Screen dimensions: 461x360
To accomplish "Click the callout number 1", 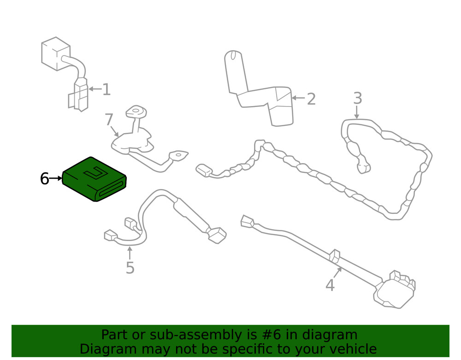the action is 106,89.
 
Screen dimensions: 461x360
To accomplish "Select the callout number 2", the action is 311,99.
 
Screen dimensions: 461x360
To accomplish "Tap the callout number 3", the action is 358,98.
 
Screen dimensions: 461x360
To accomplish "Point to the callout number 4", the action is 330,285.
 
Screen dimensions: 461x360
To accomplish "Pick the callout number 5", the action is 130,268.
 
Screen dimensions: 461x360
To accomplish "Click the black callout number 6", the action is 44,179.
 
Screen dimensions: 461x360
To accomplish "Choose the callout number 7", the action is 109,119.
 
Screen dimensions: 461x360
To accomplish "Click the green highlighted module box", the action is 95,179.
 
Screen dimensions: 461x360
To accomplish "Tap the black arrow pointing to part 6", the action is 56,178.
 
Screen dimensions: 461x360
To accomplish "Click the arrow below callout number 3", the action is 357,112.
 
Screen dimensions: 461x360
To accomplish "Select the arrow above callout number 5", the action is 130,254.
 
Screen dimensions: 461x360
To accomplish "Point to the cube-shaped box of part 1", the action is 56,54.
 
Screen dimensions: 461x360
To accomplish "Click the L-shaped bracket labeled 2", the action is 259,88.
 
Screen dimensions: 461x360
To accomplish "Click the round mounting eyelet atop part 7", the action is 136,112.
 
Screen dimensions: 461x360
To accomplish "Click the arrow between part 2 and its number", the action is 298,98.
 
